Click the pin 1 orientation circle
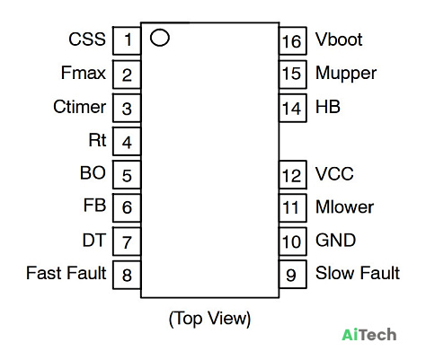coord(160,31)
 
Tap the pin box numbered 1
coord(127,40)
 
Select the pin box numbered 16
coord(293,40)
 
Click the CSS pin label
coord(87,40)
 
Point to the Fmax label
coord(84,73)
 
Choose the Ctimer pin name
coord(80,107)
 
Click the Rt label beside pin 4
coord(97,140)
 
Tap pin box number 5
coord(127,175)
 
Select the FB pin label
coord(94,206)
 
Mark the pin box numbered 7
coord(127,241)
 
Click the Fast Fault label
coord(67,273)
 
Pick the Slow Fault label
coord(358,273)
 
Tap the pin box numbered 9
coord(293,275)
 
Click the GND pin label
coord(335,240)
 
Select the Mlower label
coord(344,206)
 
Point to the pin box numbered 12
coord(293,175)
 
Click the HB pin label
coord(328,107)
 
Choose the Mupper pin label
coord(346,74)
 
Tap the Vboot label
coord(339,40)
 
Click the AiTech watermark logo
coord(369,334)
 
